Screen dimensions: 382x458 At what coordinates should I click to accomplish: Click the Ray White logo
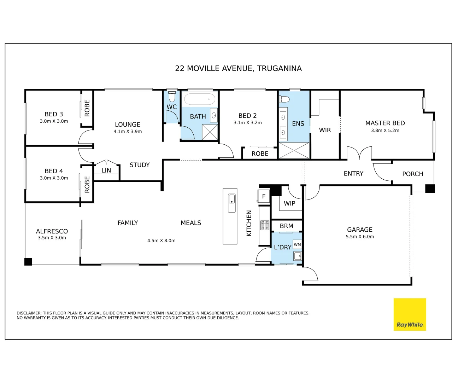[410, 314]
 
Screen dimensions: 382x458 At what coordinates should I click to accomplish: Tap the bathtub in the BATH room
[200, 99]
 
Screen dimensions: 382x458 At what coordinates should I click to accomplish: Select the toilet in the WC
[172, 96]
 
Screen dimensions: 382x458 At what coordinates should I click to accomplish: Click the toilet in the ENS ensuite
[284, 99]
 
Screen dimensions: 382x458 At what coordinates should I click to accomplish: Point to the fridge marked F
[264, 196]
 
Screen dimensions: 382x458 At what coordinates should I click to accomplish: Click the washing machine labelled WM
[298, 244]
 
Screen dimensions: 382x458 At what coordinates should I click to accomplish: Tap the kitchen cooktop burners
[265, 225]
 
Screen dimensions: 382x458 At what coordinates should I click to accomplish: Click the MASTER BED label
[385, 123]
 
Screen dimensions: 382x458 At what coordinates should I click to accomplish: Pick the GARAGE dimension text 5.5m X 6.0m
[360, 237]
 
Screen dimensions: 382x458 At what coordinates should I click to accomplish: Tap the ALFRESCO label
[52, 231]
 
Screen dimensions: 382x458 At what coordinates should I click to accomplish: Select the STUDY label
[140, 165]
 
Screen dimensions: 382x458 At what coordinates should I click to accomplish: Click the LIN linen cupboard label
[106, 170]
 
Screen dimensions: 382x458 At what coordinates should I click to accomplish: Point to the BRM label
[286, 226]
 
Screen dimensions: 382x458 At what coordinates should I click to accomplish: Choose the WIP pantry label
[289, 203]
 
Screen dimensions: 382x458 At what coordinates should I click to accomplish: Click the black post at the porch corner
[430, 189]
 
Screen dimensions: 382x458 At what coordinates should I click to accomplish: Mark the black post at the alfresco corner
[28, 262]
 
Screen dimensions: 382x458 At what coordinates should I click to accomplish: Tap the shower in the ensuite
[294, 150]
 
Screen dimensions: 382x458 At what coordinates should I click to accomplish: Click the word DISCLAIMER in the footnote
[29, 313]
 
